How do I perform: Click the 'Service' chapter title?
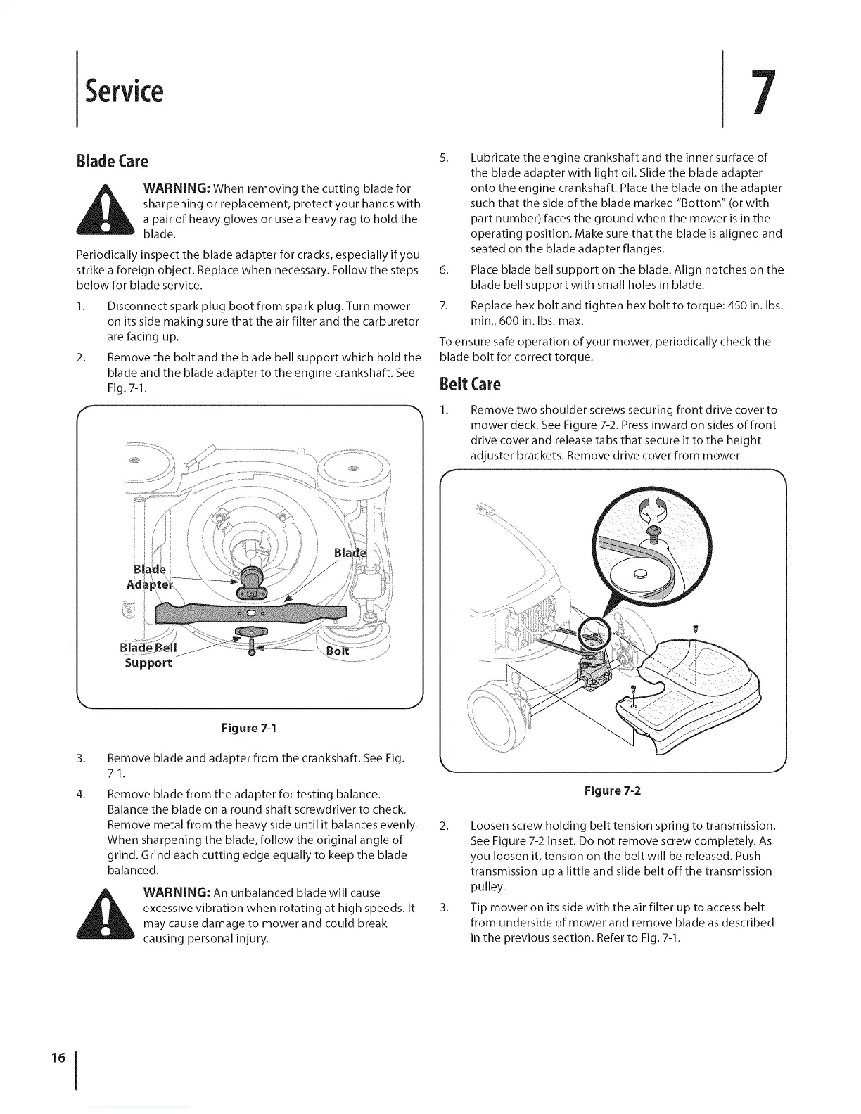[124, 91]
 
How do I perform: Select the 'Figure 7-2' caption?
[613, 790]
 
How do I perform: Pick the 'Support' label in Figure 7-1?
[148, 663]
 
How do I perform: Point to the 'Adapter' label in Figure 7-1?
[149, 584]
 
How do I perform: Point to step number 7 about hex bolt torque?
[443, 307]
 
